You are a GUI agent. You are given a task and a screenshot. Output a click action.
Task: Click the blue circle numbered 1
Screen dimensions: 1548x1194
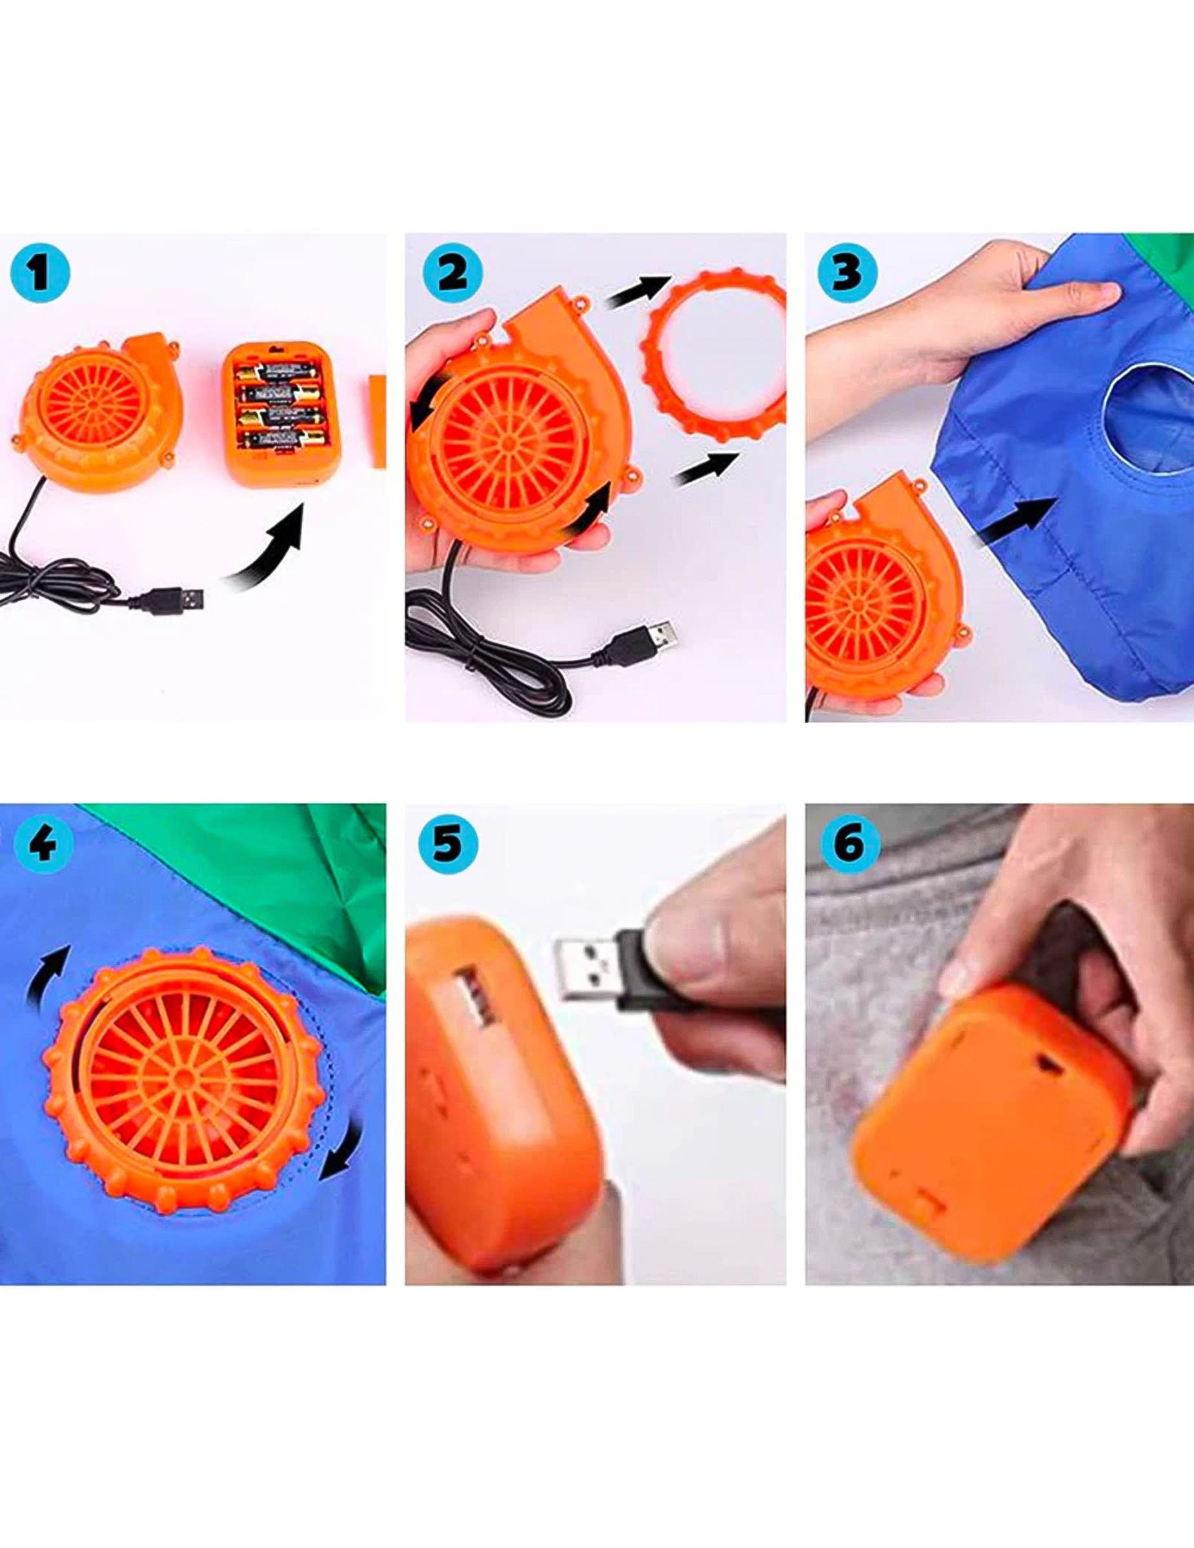point(41,273)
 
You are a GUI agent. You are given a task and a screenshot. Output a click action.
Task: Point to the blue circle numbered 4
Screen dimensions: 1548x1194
point(43,844)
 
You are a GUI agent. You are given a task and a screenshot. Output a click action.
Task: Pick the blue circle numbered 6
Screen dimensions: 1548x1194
point(849,844)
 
